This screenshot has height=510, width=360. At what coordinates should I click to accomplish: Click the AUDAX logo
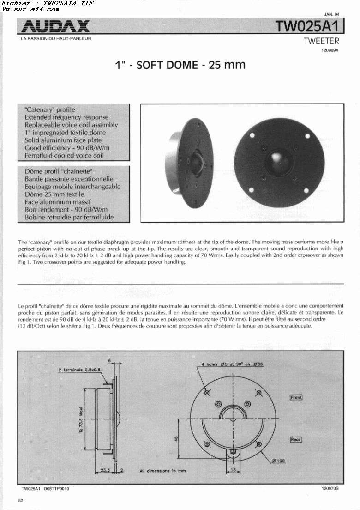point(55,26)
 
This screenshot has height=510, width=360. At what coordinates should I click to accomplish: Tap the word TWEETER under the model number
point(321,41)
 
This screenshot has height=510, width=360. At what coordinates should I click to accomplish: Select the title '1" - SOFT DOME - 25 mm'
point(180,65)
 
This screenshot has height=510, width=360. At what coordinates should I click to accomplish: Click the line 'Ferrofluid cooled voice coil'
point(64,155)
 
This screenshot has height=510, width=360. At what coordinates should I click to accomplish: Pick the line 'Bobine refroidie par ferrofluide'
point(69,217)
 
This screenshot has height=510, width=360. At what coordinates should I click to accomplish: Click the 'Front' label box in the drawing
point(296,397)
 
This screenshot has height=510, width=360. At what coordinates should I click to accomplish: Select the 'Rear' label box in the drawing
point(295,439)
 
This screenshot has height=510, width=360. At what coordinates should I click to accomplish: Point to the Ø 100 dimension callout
point(278,461)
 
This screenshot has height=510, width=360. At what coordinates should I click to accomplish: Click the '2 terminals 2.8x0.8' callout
point(79,370)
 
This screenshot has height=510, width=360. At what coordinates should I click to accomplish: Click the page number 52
point(21,500)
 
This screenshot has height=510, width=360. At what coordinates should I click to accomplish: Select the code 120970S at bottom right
point(330,488)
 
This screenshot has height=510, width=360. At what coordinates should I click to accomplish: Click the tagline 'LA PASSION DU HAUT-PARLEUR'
point(56,38)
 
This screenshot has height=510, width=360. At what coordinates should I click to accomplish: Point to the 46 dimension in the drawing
point(176,439)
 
